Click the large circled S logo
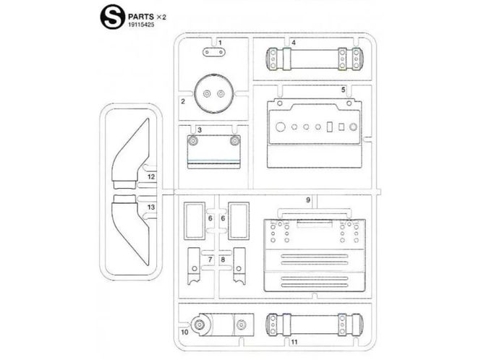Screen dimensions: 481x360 [113, 17]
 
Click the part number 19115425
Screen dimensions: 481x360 [141, 25]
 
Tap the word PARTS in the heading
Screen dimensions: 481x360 [141, 17]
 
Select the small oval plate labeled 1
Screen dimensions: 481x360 [214, 53]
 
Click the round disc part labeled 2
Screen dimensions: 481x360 [214, 93]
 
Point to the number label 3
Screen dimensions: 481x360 [200, 130]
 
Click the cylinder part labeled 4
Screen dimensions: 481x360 [314, 59]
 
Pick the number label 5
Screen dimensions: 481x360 [344, 90]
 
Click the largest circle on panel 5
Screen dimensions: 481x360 [281, 127]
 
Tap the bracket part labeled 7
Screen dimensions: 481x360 [194, 266]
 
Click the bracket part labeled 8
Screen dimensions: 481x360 [239, 266]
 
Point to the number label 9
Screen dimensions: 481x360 [308, 200]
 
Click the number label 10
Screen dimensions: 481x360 [184, 332]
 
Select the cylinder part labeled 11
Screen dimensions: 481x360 [314, 325]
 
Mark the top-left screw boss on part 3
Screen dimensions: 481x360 [193, 141]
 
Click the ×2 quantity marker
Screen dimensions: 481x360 [161, 17]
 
